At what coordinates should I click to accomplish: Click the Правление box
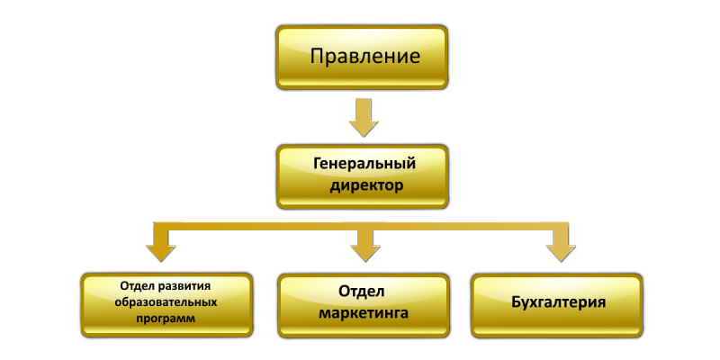coord(362,57)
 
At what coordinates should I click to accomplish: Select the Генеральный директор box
coord(363,176)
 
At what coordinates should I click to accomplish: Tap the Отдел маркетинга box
coord(364,305)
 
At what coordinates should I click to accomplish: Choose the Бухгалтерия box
coord(557,305)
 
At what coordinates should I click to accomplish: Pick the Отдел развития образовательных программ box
coord(166,304)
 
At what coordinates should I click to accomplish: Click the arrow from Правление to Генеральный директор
coord(364,118)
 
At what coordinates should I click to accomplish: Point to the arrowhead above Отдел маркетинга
coord(365,253)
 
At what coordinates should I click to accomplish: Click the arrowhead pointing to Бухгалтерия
coord(561,253)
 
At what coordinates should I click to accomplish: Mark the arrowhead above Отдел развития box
coord(161,253)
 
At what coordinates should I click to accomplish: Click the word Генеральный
coord(364,165)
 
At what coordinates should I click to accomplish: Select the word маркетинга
coord(364,314)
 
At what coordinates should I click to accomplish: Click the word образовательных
coord(166,302)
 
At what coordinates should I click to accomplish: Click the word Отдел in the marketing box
coord(362,292)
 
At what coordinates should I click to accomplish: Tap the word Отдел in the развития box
coord(138,286)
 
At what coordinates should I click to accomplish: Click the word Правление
coord(365,57)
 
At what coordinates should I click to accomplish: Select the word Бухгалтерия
coord(558,303)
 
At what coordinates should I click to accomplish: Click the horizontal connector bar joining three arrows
coord(361,227)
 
